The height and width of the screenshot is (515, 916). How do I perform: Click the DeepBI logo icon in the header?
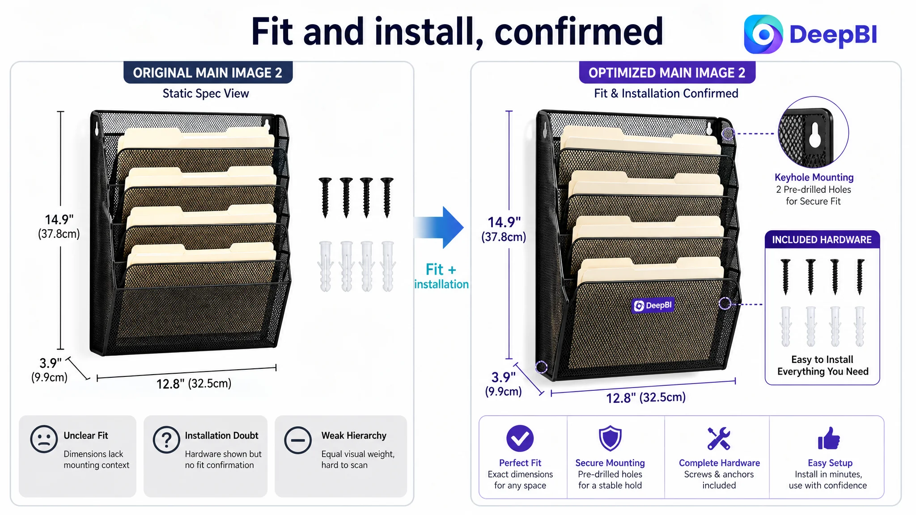pos(763,34)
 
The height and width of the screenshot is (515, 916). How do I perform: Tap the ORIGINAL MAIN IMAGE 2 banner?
pos(208,72)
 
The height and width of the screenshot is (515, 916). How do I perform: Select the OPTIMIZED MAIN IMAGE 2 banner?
pos(667,72)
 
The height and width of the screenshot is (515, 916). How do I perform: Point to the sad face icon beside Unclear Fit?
pos(44,439)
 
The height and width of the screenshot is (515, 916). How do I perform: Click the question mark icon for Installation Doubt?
pos(166,439)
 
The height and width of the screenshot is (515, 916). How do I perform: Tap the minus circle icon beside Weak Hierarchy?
pos(298,440)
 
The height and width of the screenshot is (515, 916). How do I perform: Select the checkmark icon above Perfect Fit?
pos(520,438)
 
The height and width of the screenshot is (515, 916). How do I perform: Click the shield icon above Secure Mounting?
pos(610,438)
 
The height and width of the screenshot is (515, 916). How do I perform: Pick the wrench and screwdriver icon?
pos(719,438)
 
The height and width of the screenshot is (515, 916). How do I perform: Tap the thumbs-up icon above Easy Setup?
pos(829,438)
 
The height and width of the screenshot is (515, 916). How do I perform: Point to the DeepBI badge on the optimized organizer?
pos(653,305)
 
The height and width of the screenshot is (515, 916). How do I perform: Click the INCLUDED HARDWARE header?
pos(822,240)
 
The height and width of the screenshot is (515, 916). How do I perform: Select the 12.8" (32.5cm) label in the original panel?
pos(194,384)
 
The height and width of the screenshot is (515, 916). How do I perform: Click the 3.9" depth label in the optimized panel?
pos(504,377)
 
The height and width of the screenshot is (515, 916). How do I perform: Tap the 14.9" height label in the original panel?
pos(59,220)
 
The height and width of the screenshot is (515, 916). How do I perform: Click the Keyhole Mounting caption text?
pos(814,177)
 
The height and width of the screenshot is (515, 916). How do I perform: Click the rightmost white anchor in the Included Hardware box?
pos(860,326)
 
